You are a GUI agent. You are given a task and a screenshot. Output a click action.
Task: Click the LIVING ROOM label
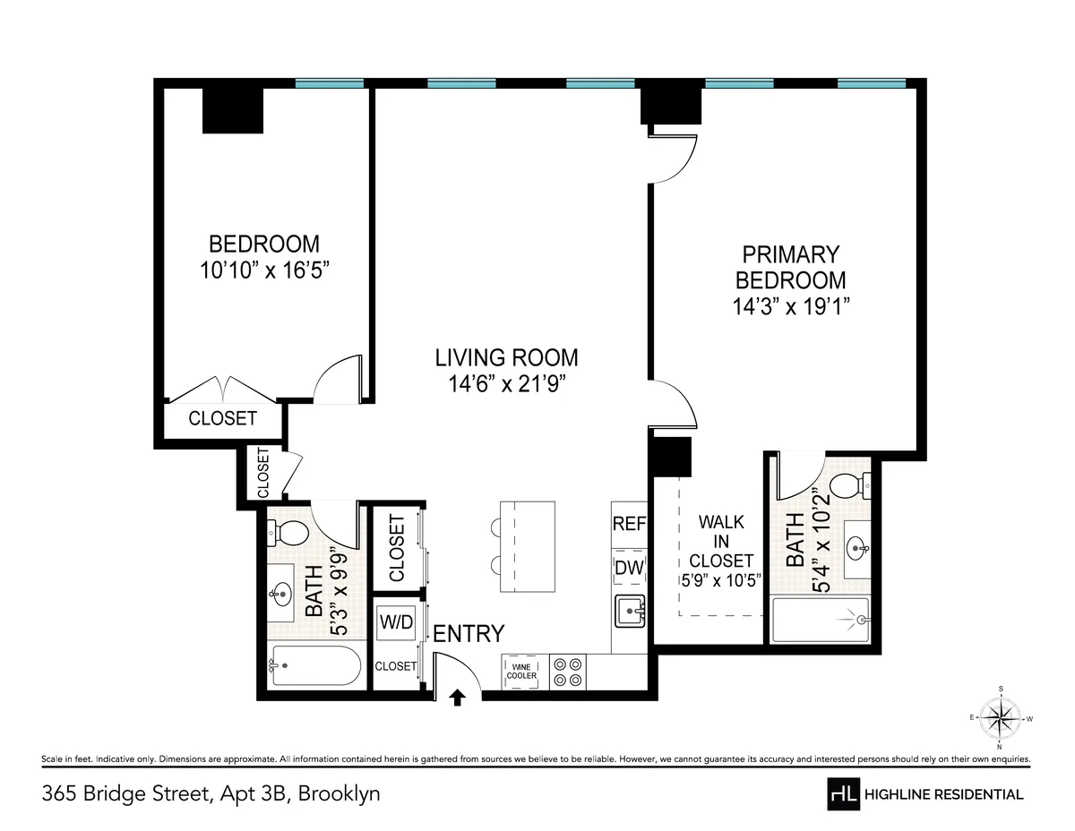pos(506,357)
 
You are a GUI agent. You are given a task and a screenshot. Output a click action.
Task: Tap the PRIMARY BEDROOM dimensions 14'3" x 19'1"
pos(791,305)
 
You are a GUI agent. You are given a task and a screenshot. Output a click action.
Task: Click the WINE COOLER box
pos(522,671)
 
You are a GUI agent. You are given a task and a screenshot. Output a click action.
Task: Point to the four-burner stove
pos(567,672)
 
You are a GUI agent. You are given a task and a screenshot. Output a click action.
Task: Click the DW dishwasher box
pos(629,568)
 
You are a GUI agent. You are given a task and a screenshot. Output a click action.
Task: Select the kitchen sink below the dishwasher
pos(631,613)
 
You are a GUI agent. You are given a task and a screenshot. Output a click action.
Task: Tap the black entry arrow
pos(458,697)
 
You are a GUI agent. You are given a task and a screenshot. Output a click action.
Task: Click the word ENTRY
pos(469,634)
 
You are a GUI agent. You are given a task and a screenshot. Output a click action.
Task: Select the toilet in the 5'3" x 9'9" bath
pos(287,534)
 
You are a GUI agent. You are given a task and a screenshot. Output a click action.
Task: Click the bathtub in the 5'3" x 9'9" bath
pos(314,666)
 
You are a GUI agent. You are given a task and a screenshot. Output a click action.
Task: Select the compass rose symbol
pos(1001,717)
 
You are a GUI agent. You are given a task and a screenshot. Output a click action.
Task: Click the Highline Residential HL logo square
pos(843,793)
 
